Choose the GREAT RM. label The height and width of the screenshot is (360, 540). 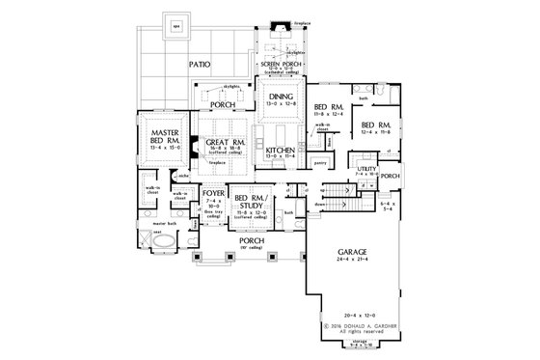(222, 145)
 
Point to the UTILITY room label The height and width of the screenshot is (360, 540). (365, 169)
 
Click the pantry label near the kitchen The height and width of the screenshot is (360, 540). (323, 165)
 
